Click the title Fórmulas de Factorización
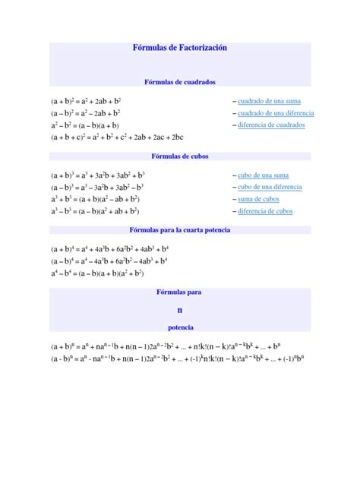(x=179, y=48)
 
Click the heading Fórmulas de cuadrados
(x=179, y=81)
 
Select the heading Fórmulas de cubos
(x=180, y=156)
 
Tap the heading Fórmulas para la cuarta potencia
(x=180, y=229)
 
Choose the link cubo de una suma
(x=262, y=175)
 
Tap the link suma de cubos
(x=257, y=199)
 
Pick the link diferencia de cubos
(x=265, y=211)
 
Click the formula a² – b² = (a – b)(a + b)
(x=85, y=125)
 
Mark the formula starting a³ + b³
(x=100, y=199)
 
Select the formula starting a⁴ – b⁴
(x=97, y=273)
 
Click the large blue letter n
(x=180, y=309)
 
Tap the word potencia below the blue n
(x=180, y=327)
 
